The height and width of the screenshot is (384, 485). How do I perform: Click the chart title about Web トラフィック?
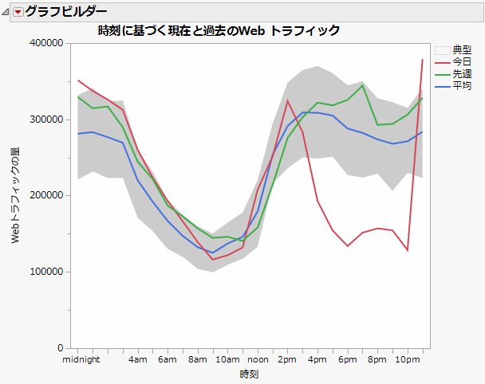(x=219, y=30)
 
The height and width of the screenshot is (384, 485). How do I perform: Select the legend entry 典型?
(x=461, y=49)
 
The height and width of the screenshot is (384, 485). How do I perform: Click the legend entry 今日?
(x=461, y=61)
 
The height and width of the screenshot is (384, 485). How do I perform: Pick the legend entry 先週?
(x=461, y=73)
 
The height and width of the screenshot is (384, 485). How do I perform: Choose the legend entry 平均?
(x=461, y=85)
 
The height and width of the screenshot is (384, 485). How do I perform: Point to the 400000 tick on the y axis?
(x=46, y=43)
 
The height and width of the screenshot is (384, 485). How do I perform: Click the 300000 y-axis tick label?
(x=46, y=120)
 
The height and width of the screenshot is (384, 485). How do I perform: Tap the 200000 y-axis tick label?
(x=46, y=195)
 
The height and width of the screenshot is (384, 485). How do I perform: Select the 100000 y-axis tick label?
(x=46, y=272)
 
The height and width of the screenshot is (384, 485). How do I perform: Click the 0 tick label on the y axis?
(x=60, y=348)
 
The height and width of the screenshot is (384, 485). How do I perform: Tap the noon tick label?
(x=258, y=360)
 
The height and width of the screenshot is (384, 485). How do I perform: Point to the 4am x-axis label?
(x=137, y=360)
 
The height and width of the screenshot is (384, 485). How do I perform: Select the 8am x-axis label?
(x=197, y=360)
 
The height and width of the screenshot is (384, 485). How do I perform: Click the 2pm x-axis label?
(x=287, y=360)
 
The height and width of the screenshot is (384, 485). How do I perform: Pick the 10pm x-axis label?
(x=408, y=360)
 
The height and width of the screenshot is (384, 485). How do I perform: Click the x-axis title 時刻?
(x=249, y=374)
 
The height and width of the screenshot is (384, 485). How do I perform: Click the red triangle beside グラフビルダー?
(x=18, y=11)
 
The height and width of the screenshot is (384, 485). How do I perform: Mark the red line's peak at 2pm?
(x=288, y=100)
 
